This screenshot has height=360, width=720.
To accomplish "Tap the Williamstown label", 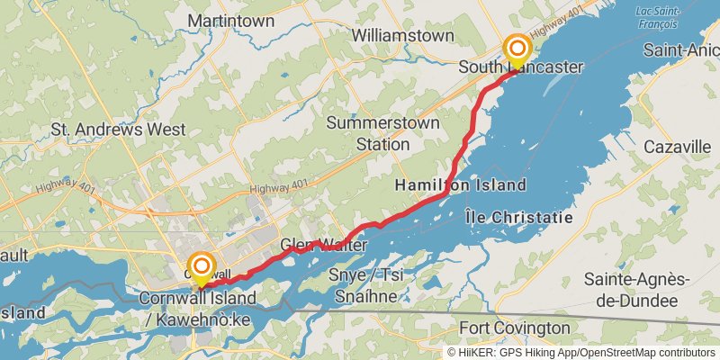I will tap(403, 35).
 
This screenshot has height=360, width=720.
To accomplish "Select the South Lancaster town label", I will tap(520, 67).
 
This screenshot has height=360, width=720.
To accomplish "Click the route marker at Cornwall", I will tap(202, 265).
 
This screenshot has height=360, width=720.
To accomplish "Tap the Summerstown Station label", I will tap(368, 132).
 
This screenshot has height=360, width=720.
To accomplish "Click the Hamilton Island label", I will tap(461, 185).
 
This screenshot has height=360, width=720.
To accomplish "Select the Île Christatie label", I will tap(520, 217).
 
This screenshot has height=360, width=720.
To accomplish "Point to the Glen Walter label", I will tap(323, 245).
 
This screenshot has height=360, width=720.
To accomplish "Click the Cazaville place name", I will tap(678, 147).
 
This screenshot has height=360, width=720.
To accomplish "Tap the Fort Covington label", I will tap(514, 328).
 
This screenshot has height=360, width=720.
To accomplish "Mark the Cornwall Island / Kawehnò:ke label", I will tap(197, 308).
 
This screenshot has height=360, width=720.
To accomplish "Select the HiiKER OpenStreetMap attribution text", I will tap(580, 352).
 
